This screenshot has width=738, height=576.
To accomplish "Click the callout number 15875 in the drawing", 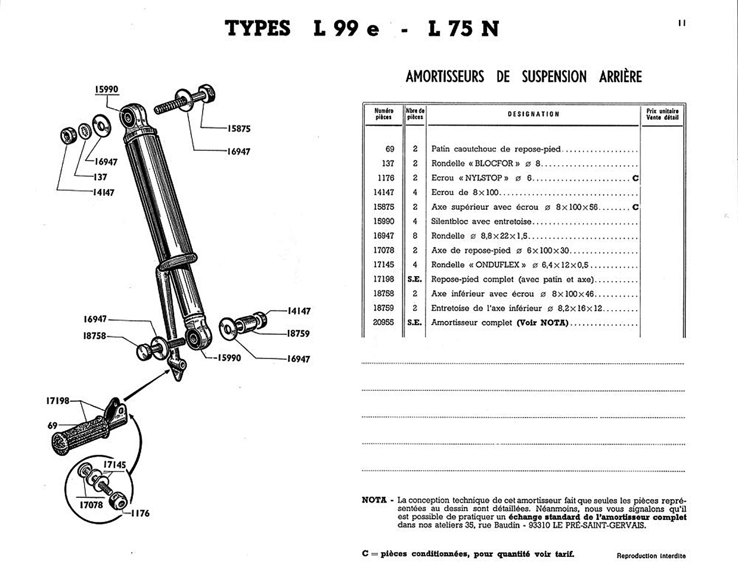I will (238, 129).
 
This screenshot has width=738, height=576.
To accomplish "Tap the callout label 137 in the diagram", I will (100, 177).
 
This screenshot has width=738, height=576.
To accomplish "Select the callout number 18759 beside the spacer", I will (298, 334).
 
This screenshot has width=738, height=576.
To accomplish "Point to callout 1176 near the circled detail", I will (140, 513).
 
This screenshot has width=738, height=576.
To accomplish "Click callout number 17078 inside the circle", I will (91, 504).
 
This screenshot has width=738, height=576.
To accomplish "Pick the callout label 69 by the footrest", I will (52, 425).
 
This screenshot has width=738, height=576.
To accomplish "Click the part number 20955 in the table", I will (383, 323).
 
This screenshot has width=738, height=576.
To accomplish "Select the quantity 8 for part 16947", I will (415, 236).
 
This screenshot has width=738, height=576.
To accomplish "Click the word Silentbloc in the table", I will (450, 221).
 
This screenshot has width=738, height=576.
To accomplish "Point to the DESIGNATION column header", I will (534, 114).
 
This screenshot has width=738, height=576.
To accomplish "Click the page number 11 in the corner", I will (682, 23).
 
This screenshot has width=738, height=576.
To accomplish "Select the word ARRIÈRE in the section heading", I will (620, 77).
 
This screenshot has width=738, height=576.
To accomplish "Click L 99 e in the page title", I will (346, 29).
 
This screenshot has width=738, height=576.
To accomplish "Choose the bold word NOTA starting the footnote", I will (374, 500).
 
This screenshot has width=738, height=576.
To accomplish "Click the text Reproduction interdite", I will (651, 556).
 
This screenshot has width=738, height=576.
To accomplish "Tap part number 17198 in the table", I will (383, 279).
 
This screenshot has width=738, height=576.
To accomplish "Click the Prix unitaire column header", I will (662, 114).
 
